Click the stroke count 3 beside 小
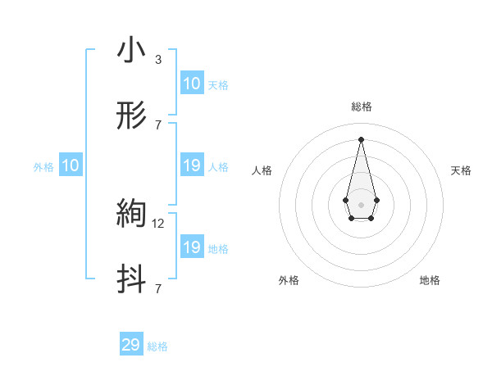158,59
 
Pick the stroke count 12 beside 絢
160,223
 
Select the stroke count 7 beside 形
158,125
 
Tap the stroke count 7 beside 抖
158,288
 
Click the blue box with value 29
131,345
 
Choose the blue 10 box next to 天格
192,84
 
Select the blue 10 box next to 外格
71,165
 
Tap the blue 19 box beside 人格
192,165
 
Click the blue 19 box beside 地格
192,247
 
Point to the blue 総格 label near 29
157,346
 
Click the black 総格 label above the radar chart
361,106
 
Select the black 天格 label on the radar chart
461,170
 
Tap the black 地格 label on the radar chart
430,280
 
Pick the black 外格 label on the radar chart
289,280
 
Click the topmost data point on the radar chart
361,139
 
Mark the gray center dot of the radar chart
361,203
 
